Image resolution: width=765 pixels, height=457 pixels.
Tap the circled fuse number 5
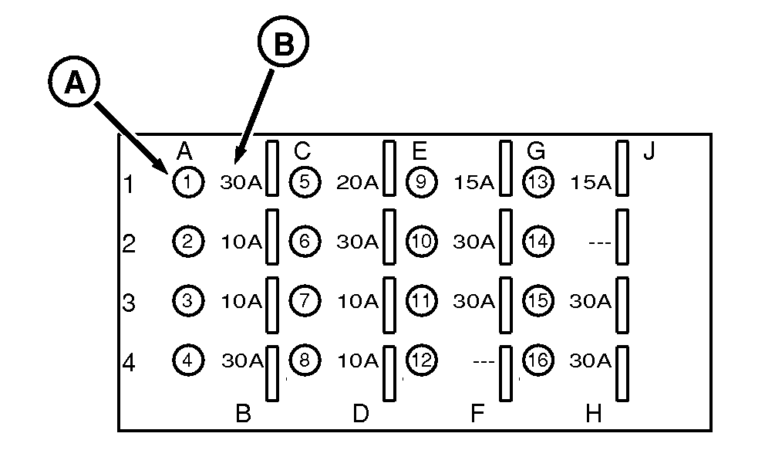[x=305, y=182]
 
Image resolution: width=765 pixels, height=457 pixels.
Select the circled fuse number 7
[x=305, y=300]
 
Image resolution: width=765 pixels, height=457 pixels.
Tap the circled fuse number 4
[x=187, y=359]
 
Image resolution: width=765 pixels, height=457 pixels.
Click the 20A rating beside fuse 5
[x=357, y=183]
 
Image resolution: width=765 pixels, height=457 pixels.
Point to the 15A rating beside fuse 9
[x=473, y=183]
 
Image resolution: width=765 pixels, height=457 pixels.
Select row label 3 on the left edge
[x=129, y=303]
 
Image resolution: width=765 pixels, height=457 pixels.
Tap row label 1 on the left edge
[x=129, y=184]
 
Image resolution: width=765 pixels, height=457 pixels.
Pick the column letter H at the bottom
[x=593, y=415]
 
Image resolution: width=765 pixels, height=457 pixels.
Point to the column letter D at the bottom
[x=360, y=415]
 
